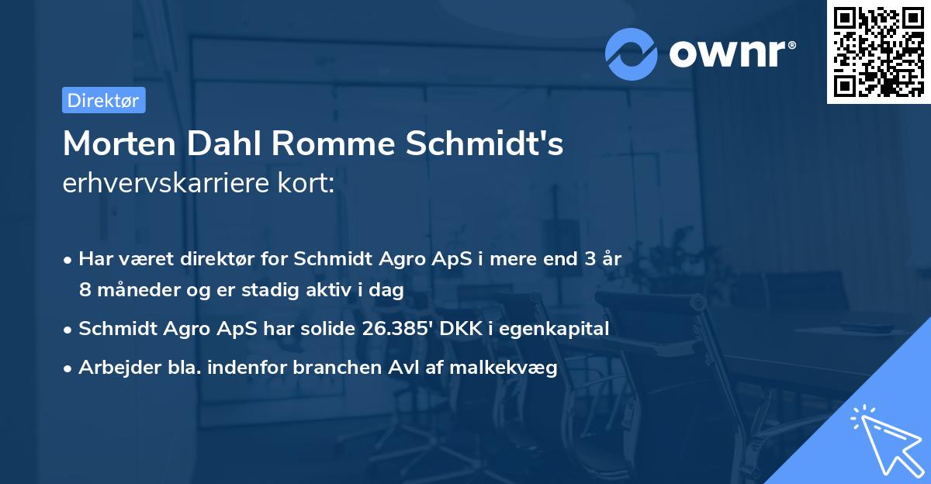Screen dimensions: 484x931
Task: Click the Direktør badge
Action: [x=103, y=100]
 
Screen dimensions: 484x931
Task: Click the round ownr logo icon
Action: [x=632, y=54]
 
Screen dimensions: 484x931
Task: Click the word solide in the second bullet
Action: [x=326, y=329]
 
